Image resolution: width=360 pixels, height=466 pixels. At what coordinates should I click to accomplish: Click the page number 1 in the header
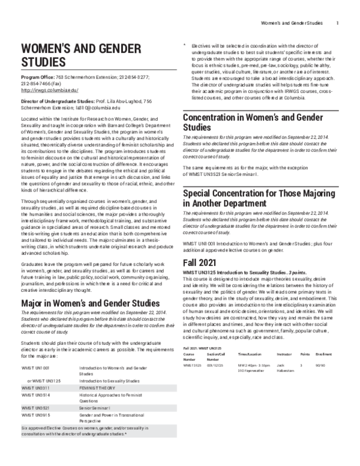click(338, 23)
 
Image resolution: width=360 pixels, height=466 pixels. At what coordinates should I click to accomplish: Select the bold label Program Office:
click(39, 77)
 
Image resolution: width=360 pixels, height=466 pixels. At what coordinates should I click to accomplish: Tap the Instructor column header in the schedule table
click(284, 355)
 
